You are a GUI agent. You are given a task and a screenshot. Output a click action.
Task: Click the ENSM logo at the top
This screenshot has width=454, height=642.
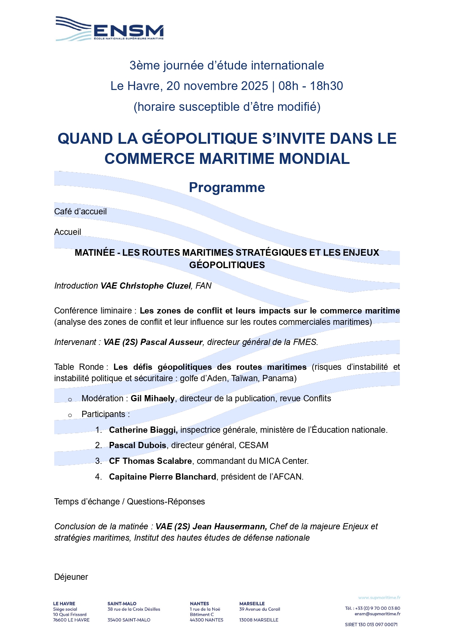pyautogui.click(x=110, y=29)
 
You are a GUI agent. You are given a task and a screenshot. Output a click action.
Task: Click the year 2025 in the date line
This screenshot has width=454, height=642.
pyautogui.click(x=255, y=86)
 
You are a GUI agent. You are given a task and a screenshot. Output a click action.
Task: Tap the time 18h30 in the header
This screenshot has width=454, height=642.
pyautogui.click(x=326, y=86)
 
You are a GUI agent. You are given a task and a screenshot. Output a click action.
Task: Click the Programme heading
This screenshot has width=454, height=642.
pyautogui.click(x=227, y=187)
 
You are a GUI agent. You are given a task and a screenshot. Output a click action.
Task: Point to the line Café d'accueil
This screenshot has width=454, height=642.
pyautogui.click(x=80, y=211)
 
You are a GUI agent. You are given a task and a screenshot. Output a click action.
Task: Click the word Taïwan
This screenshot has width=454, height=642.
pyautogui.click(x=244, y=378)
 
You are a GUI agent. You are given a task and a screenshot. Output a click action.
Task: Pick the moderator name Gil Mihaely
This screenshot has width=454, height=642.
pyautogui.click(x=153, y=398)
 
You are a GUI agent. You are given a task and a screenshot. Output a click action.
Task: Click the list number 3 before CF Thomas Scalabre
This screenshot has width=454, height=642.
pyautogui.click(x=98, y=461)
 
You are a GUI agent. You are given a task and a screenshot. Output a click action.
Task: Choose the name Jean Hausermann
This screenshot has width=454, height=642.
pyautogui.click(x=229, y=526)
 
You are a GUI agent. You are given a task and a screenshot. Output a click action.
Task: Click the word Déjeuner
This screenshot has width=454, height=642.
pyautogui.click(x=71, y=577)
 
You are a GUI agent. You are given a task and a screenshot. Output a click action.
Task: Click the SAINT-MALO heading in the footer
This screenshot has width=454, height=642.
pyautogui.click(x=122, y=604)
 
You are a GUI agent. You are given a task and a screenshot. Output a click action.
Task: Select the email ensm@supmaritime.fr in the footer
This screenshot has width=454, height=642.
pyautogui.click(x=377, y=614)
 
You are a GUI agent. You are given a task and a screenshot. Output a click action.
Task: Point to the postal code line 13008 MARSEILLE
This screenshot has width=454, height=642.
pyautogui.click(x=259, y=620)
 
